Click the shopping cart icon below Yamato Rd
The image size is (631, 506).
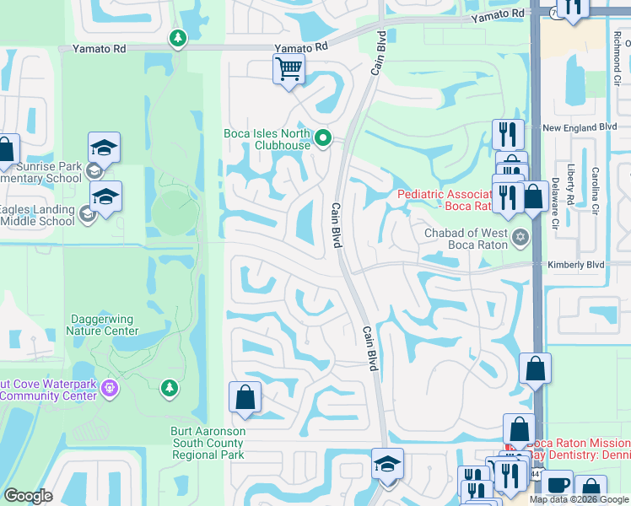[289, 68]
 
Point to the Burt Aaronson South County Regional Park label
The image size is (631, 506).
[208, 443]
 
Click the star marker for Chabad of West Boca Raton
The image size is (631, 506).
[520, 238]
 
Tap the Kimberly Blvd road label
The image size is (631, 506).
[576, 264]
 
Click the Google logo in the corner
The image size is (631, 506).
[29, 496]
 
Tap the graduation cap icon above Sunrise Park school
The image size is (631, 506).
[105, 148]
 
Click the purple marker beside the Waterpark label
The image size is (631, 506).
[108, 388]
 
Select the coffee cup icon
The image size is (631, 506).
[557, 485]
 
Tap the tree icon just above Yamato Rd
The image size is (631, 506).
[177, 38]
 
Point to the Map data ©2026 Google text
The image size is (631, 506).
[580, 499]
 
